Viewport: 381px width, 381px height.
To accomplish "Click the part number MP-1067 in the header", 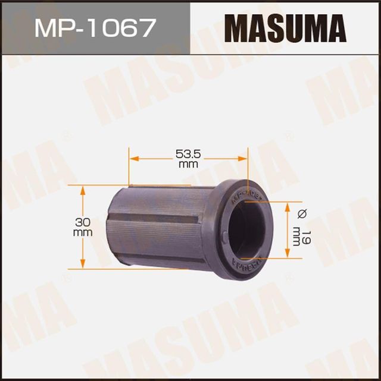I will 96,27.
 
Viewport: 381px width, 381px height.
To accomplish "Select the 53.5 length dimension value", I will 188,154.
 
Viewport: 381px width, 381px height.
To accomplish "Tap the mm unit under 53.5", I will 188,165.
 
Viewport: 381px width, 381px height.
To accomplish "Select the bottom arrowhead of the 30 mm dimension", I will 83,265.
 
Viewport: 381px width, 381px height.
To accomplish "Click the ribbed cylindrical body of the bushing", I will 161,226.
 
